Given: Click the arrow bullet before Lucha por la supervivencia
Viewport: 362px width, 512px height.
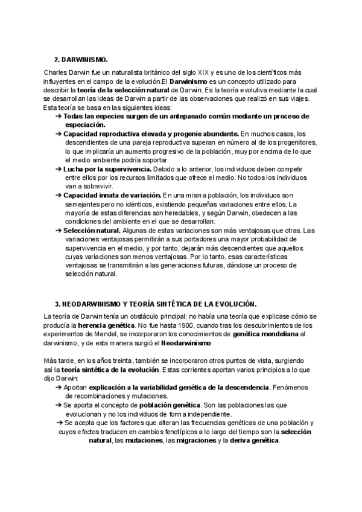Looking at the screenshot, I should (x=58, y=170).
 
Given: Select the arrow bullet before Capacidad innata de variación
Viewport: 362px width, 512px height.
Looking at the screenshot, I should (x=58, y=196).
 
